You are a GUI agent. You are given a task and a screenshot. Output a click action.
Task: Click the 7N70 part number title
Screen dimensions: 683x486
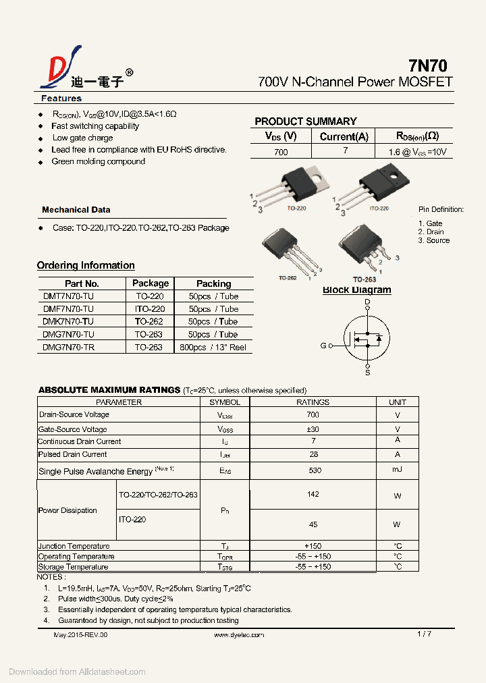[427, 65]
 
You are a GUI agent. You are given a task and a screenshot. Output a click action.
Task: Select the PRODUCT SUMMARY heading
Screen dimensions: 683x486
[305, 121]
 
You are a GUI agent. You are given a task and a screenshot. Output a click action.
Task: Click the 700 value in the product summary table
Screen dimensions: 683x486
[281, 152]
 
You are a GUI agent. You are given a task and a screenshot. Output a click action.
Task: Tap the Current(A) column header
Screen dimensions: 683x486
[344, 136]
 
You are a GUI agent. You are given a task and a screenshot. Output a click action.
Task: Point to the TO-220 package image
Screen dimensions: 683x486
[296, 186]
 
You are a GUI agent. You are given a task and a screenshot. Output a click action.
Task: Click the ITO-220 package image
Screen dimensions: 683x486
[379, 184]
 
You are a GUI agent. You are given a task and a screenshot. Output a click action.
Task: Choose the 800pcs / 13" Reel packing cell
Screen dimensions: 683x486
[213, 348]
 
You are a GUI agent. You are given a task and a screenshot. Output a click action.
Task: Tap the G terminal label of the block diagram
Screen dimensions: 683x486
[323, 346]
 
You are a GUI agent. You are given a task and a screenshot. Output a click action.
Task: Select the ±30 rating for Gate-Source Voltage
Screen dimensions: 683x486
[313, 429]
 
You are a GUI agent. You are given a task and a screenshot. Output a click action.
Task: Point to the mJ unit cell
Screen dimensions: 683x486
[397, 470]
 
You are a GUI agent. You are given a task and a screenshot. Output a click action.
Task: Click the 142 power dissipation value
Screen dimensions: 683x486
[313, 495]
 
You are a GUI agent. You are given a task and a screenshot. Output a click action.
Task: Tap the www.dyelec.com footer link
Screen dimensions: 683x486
[239, 635]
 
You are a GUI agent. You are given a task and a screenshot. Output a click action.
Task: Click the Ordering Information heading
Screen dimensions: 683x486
[86, 265]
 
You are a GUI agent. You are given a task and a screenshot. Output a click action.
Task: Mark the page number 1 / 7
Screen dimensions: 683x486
[424, 634]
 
